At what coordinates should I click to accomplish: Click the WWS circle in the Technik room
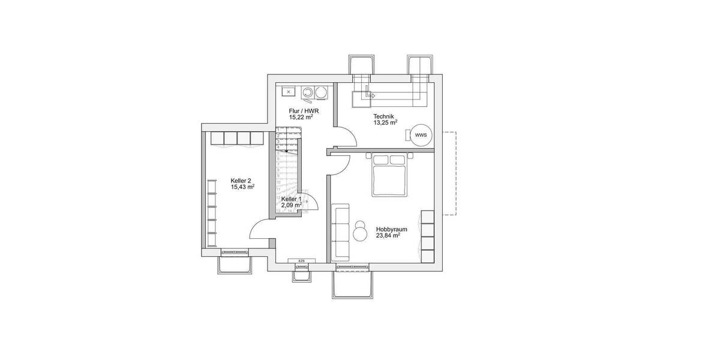pos(421,135)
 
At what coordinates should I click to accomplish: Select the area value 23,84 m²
pos(388,236)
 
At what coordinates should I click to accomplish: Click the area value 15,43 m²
pos(242,187)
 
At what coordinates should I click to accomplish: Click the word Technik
pos(384,116)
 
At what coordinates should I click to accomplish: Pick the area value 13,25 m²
pos(385,124)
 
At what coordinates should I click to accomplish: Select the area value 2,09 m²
pos(291,205)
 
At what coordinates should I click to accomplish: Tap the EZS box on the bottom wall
pos(301,261)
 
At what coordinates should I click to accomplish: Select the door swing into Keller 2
pos(260,230)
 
